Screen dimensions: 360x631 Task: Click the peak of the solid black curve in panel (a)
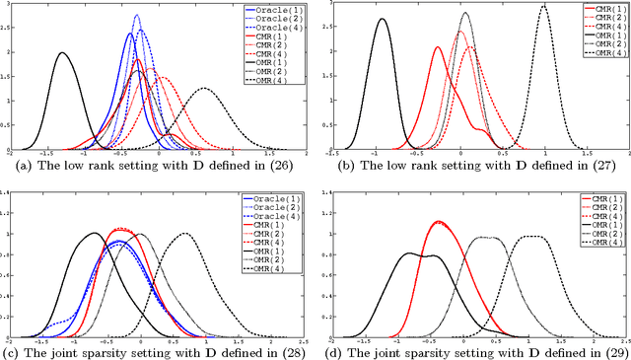pos(62,53)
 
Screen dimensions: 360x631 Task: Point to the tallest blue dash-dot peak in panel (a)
pos(136,16)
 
